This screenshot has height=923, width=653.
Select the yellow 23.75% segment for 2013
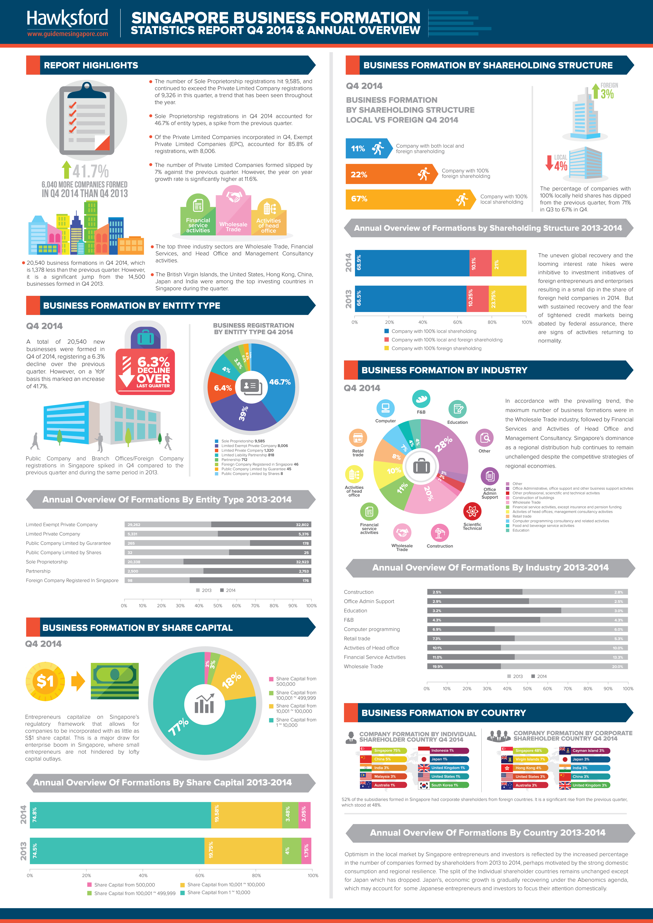(x=507, y=299)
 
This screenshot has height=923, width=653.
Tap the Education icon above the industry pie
(x=457, y=409)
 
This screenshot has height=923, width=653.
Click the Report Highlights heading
(x=91, y=65)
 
